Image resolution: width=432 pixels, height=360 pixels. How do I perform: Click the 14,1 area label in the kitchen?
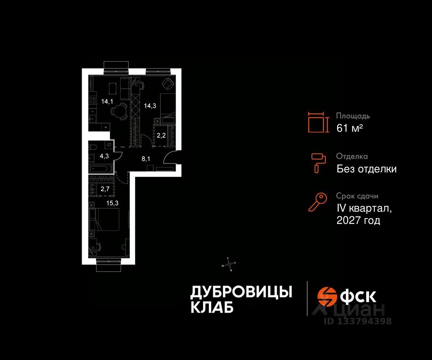(107, 102)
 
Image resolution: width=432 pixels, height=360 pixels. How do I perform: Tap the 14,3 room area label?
(150, 106)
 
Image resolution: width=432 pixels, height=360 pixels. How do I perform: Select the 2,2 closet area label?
(161, 135)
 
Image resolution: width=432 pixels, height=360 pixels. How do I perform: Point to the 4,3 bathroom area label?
(104, 156)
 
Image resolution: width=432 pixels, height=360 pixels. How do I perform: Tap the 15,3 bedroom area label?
(112, 203)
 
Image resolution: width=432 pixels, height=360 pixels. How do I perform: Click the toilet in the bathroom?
(93, 147)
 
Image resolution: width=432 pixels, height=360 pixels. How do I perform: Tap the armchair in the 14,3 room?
(167, 84)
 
